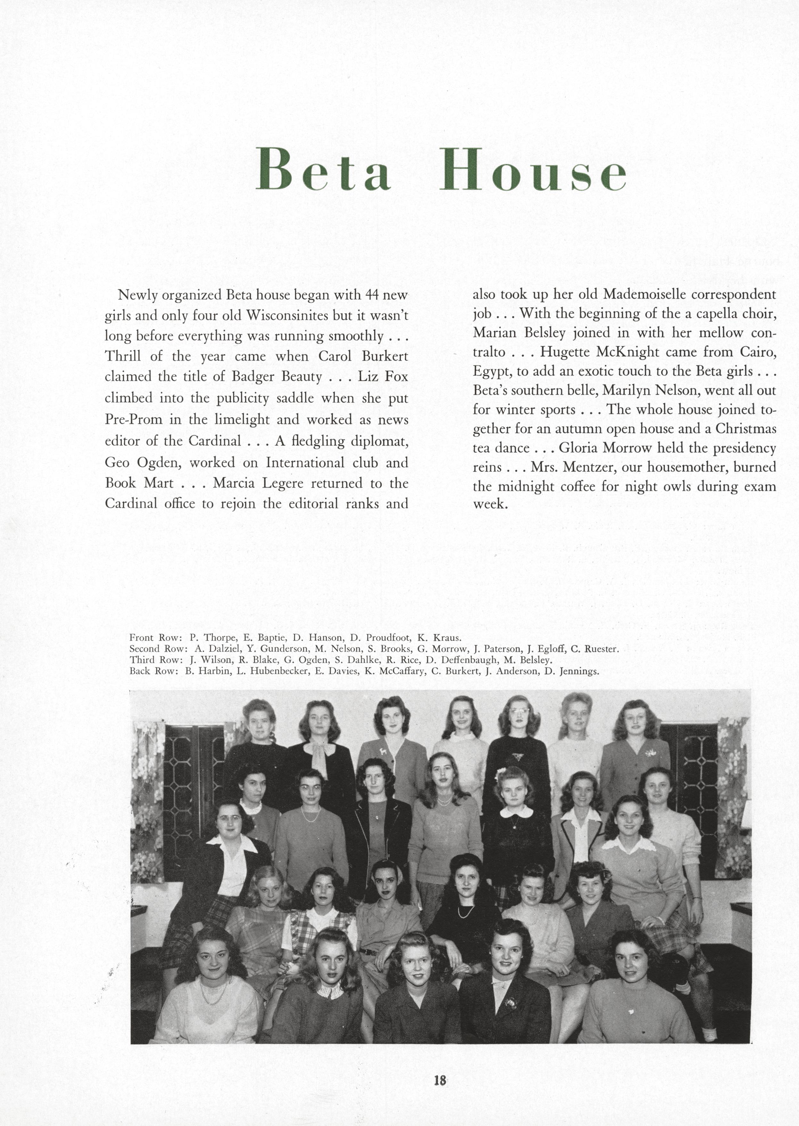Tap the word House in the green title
point(533,169)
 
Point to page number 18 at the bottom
point(440,1080)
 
